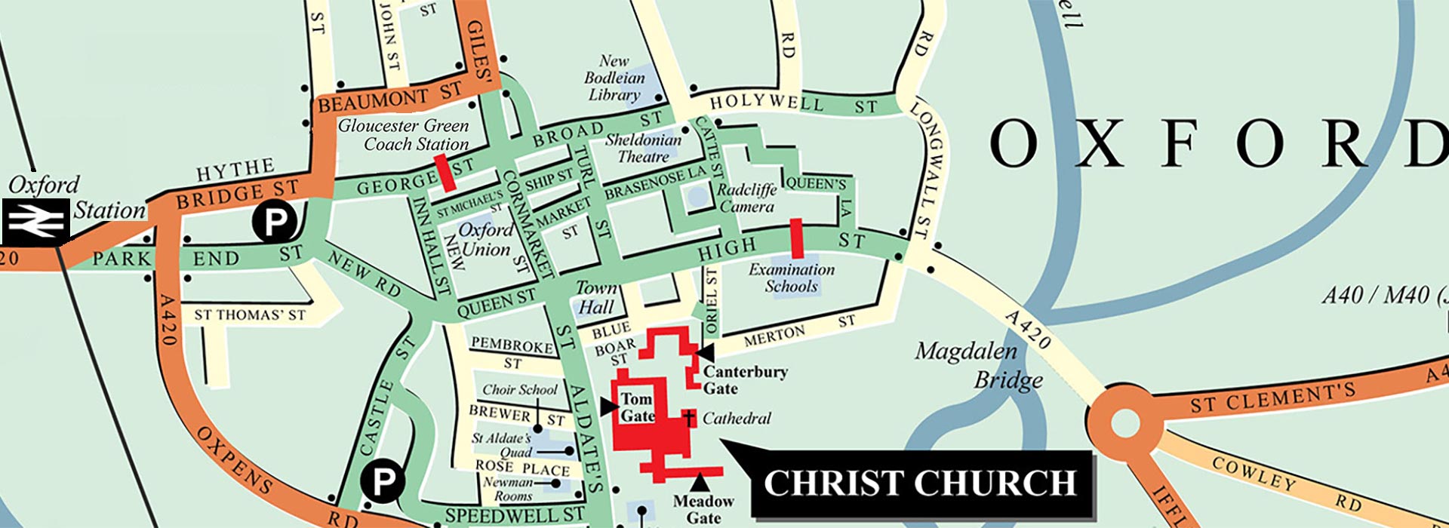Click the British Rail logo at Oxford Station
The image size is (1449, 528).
coord(35,222)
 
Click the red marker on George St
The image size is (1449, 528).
coord(447,173)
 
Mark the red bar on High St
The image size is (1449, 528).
coord(796,238)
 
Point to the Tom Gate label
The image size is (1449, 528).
coord(637,407)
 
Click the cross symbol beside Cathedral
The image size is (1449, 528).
coord(688,418)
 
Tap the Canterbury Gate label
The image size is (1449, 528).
coord(745,379)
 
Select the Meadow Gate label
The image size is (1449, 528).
coord(703,509)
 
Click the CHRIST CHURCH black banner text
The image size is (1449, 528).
coord(920,483)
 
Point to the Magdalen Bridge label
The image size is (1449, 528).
coord(978,365)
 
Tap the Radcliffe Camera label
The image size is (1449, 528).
coord(746,198)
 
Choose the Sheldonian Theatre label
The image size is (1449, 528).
coord(643,148)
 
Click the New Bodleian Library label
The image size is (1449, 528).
coord(614,78)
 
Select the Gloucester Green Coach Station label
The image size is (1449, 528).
coord(404,134)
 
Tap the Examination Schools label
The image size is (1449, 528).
coord(792,278)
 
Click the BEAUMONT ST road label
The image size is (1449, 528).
coord(389,98)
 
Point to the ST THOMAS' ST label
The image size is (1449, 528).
coord(250,315)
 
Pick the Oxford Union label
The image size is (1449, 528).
coord(485,238)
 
